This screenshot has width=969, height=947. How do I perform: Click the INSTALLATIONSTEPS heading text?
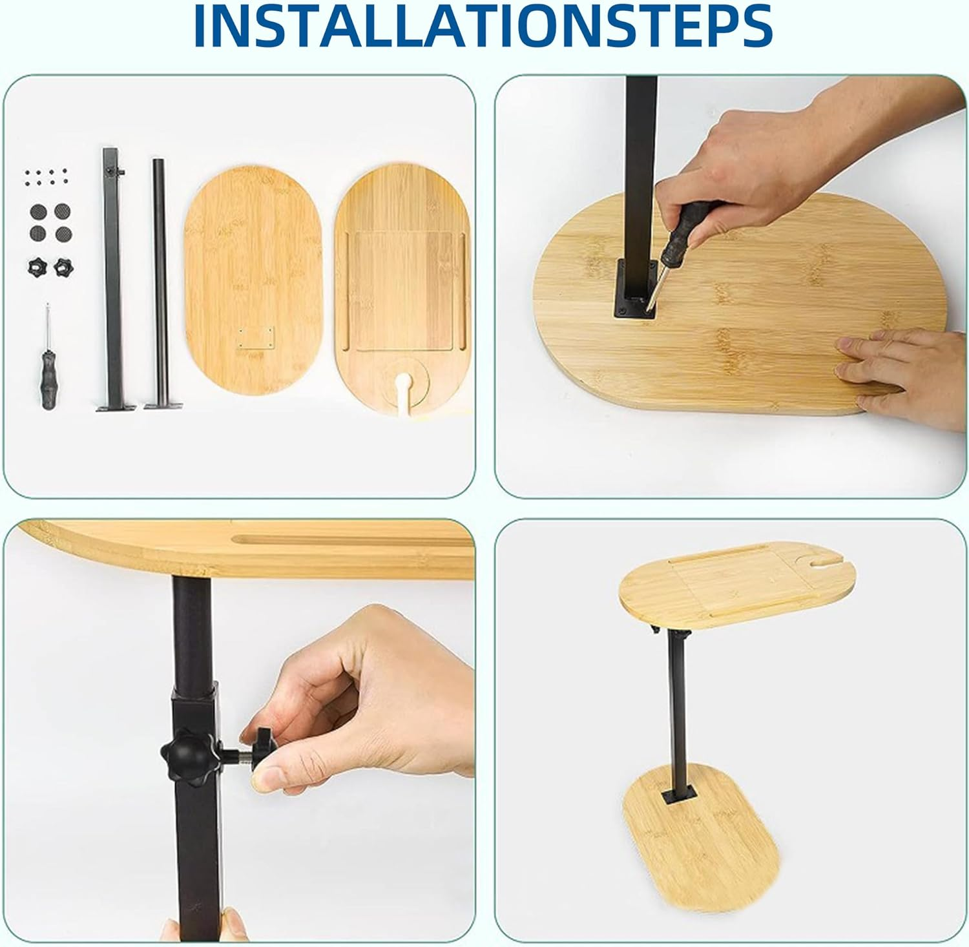(483, 26)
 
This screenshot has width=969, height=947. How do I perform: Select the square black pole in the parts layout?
(112, 271)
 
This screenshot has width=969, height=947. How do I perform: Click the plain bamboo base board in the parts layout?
(253, 284)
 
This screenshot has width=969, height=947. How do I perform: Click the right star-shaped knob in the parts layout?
(62, 264)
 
